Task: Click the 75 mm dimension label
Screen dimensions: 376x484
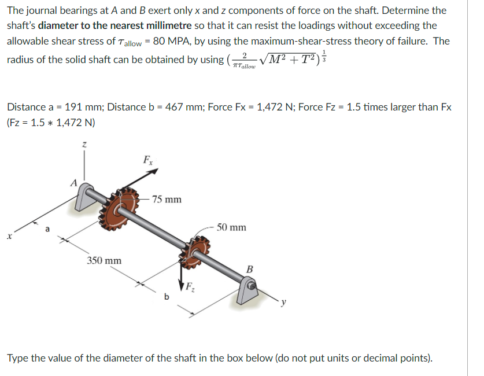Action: (x=168, y=200)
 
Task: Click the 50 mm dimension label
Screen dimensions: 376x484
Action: (x=232, y=227)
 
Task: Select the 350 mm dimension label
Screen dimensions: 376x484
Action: (x=105, y=260)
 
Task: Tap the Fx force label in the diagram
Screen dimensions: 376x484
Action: (x=149, y=160)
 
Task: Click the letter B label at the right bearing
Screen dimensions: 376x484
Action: (x=249, y=268)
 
